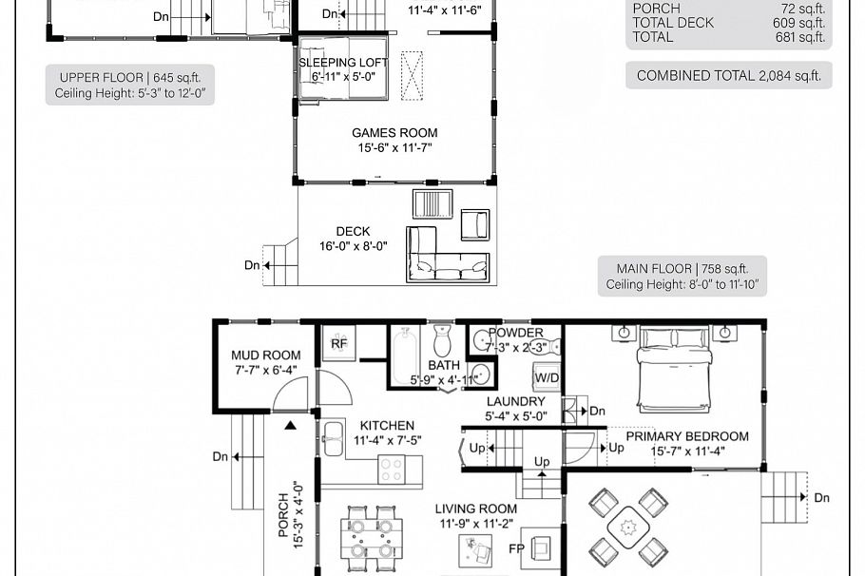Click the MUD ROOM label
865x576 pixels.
tap(266, 356)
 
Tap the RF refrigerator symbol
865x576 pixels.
tap(339, 343)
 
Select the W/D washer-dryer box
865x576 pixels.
tap(547, 377)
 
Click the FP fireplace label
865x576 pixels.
tap(517, 548)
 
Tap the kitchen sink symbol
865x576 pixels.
tap(333, 440)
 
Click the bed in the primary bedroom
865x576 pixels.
tap(674, 366)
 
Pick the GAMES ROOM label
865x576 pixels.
tap(394, 133)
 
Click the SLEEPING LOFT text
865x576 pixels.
tap(344, 63)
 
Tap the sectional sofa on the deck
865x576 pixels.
tap(447, 254)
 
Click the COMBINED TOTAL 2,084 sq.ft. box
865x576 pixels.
tap(728, 76)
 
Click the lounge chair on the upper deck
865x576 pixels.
tap(474, 224)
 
